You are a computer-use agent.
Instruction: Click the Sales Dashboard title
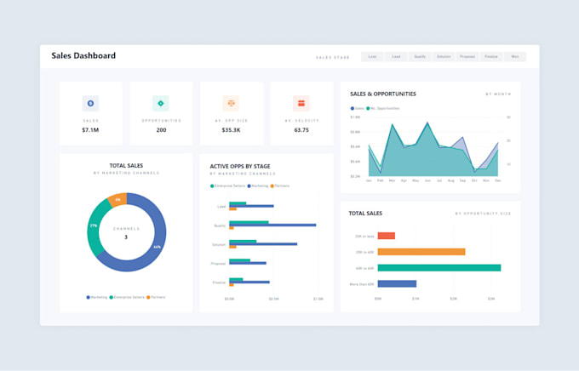pyautogui.click(x=83, y=56)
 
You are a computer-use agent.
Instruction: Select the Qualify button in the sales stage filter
pyautogui.click(x=420, y=57)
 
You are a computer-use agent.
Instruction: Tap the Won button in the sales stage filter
pyautogui.click(x=514, y=57)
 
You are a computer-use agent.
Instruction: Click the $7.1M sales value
pyautogui.click(x=90, y=130)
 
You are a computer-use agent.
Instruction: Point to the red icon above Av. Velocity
pyautogui.click(x=301, y=103)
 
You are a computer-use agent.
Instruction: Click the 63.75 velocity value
pyautogui.click(x=301, y=130)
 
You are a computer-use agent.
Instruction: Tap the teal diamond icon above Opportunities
pyautogui.click(x=160, y=103)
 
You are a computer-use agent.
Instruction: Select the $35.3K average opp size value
pyautogui.click(x=231, y=130)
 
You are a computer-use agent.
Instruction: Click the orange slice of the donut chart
pyautogui.click(x=118, y=200)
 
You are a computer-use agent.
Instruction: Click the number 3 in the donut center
pyautogui.click(x=126, y=237)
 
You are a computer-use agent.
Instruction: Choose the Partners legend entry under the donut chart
pyautogui.click(x=156, y=297)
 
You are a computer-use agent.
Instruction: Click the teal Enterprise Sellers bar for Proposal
pyautogui.click(x=239, y=260)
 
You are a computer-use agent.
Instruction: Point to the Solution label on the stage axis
pyautogui.click(x=220, y=244)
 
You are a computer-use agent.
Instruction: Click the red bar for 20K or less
pyautogui.click(x=386, y=236)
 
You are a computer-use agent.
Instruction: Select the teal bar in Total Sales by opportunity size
pyautogui.click(x=439, y=267)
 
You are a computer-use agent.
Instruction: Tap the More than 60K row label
pyautogui.click(x=361, y=283)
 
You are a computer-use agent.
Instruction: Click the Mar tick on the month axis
pyautogui.click(x=392, y=181)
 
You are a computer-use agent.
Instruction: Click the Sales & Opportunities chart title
pyautogui.click(x=383, y=94)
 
